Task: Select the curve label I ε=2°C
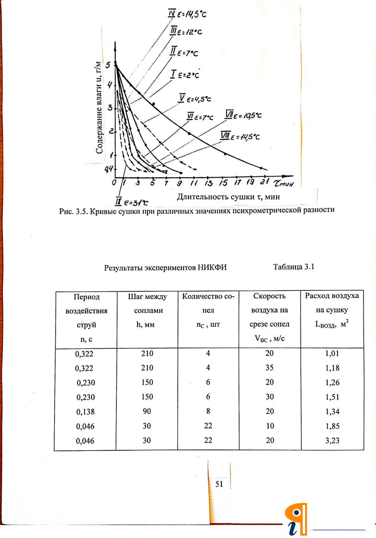pos(185,74)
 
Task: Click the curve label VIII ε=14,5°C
pos(239,136)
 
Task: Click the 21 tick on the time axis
pos(264,183)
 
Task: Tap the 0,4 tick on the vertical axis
pos(110,169)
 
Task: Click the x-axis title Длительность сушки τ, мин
pos(228,196)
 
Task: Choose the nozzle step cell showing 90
pos(148,411)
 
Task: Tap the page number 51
pos(220,484)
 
